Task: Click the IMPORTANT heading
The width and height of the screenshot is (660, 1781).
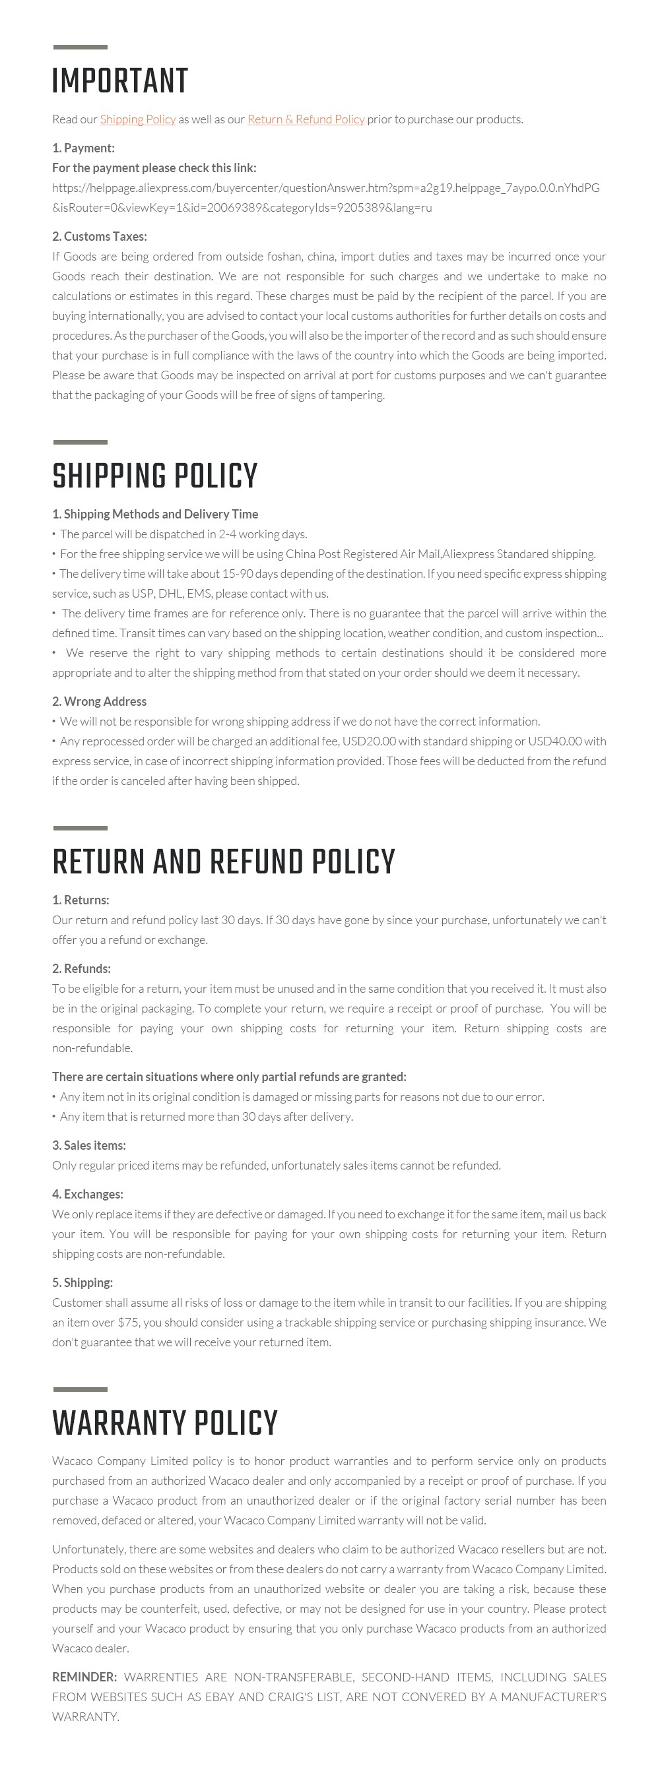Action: pyautogui.click(x=119, y=82)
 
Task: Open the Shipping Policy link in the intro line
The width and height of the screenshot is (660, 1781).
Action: pyautogui.click(x=138, y=119)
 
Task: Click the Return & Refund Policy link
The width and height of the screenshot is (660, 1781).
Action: pyautogui.click(x=306, y=119)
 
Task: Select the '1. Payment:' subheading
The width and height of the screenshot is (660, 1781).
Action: pyautogui.click(x=83, y=148)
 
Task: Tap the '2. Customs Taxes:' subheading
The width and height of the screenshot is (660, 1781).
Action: pyautogui.click(x=99, y=236)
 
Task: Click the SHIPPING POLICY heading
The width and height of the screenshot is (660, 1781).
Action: pyautogui.click(x=154, y=476)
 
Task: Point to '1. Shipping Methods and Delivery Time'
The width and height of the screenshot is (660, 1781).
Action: pyautogui.click(x=155, y=514)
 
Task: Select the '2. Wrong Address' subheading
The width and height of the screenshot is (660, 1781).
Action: pyautogui.click(x=99, y=701)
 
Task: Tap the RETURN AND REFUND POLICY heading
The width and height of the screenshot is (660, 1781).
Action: pyautogui.click(x=224, y=862)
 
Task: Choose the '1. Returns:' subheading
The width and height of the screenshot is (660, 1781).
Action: pyautogui.click(x=81, y=900)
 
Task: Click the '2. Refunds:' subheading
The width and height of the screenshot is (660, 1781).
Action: pyautogui.click(x=81, y=968)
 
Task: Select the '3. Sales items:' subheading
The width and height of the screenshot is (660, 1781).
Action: pyautogui.click(x=88, y=1146)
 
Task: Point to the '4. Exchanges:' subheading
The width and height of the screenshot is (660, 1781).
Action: pyautogui.click(x=87, y=1194)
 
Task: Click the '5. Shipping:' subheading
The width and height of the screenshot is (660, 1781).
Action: pyautogui.click(x=82, y=1282)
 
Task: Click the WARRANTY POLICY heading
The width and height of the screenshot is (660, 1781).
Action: pyautogui.click(x=164, y=1423)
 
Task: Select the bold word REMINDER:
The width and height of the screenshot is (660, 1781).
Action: pyautogui.click(x=84, y=1677)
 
